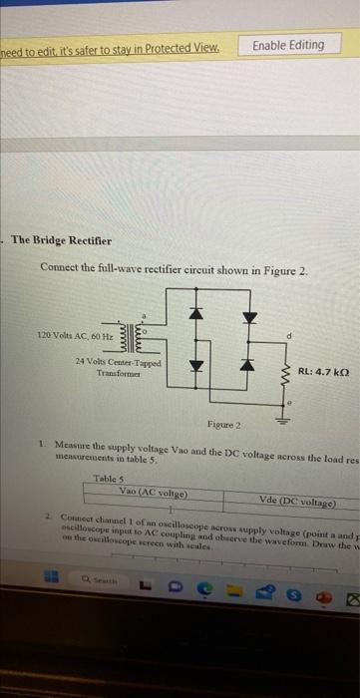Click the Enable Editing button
point(288,45)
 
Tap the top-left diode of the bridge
point(196,314)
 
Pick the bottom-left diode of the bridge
point(196,365)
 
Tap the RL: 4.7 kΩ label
point(326,373)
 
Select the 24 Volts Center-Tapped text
point(109,363)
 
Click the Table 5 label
point(108,479)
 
